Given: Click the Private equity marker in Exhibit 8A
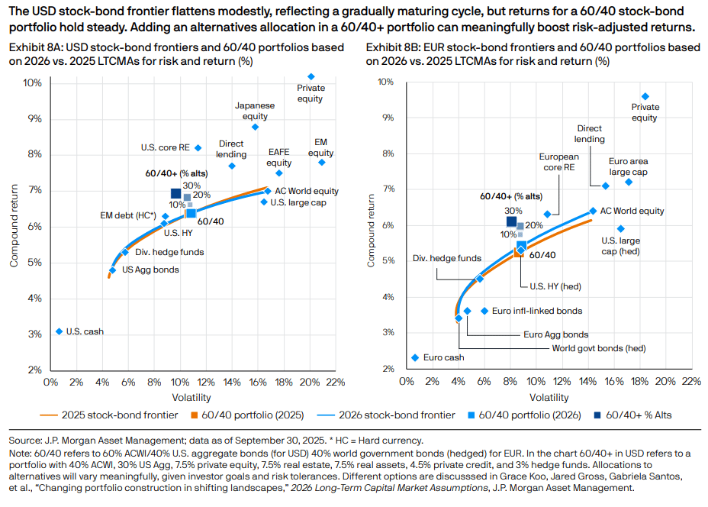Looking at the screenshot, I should tap(311, 76).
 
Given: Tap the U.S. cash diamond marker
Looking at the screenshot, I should tap(59, 331).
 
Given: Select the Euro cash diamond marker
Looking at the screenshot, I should tap(415, 357).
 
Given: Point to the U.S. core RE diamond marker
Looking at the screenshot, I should tap(198, 147).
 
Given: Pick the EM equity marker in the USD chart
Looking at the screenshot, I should tap(322, 162).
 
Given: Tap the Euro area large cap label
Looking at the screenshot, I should tap(629, 167).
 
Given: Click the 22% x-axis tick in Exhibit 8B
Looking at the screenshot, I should tap(691, 380).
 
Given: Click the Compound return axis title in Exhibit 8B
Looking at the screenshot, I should tap(372, 225).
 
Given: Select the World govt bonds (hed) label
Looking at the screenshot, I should tap(599, 348).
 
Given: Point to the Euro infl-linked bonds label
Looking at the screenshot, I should tap(537, 311).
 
